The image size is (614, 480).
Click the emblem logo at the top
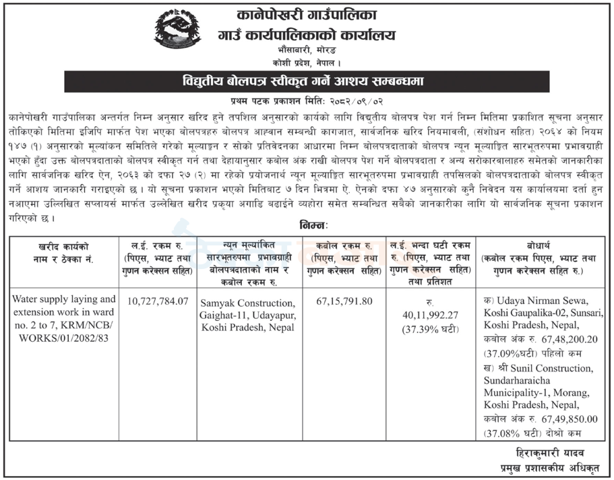177,30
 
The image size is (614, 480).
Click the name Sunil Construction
546,367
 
